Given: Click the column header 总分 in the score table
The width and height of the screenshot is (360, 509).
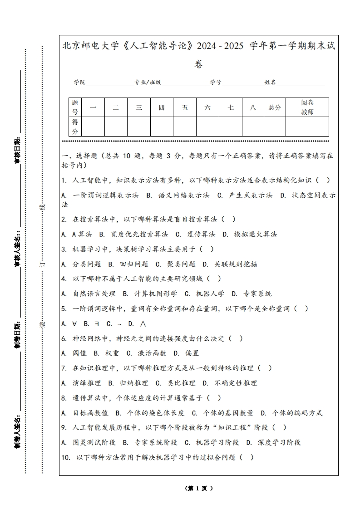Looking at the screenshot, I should (275, 108).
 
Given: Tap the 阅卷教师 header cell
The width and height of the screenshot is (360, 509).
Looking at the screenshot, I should (307, 108).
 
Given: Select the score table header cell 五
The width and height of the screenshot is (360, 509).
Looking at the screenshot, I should (185, 108).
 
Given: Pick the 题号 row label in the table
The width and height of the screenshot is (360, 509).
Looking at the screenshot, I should (75, 108).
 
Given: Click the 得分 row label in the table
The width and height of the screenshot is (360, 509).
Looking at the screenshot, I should (75, 127).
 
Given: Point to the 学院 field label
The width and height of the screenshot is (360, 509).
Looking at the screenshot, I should (80, 82).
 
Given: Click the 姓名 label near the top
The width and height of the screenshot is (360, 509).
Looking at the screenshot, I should (270, 82).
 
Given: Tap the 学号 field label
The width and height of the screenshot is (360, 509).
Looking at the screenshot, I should (216, 82).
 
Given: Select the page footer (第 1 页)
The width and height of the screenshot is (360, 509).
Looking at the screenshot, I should (199, 489).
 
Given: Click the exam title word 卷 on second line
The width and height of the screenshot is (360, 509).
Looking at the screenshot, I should (198, 64).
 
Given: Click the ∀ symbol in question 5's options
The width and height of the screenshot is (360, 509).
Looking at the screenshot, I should (74, 323).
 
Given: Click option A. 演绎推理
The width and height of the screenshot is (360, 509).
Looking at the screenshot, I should (81, 383).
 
